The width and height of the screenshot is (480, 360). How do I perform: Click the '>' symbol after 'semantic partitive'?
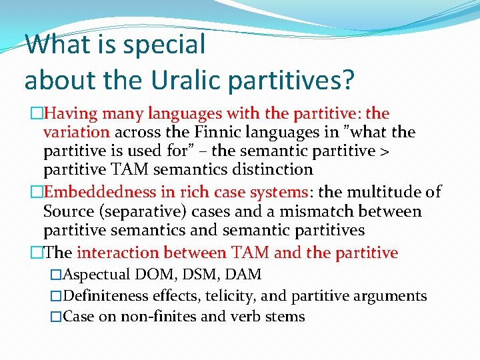coord(385,151)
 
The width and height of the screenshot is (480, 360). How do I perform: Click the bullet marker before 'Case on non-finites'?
coord(56,317)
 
